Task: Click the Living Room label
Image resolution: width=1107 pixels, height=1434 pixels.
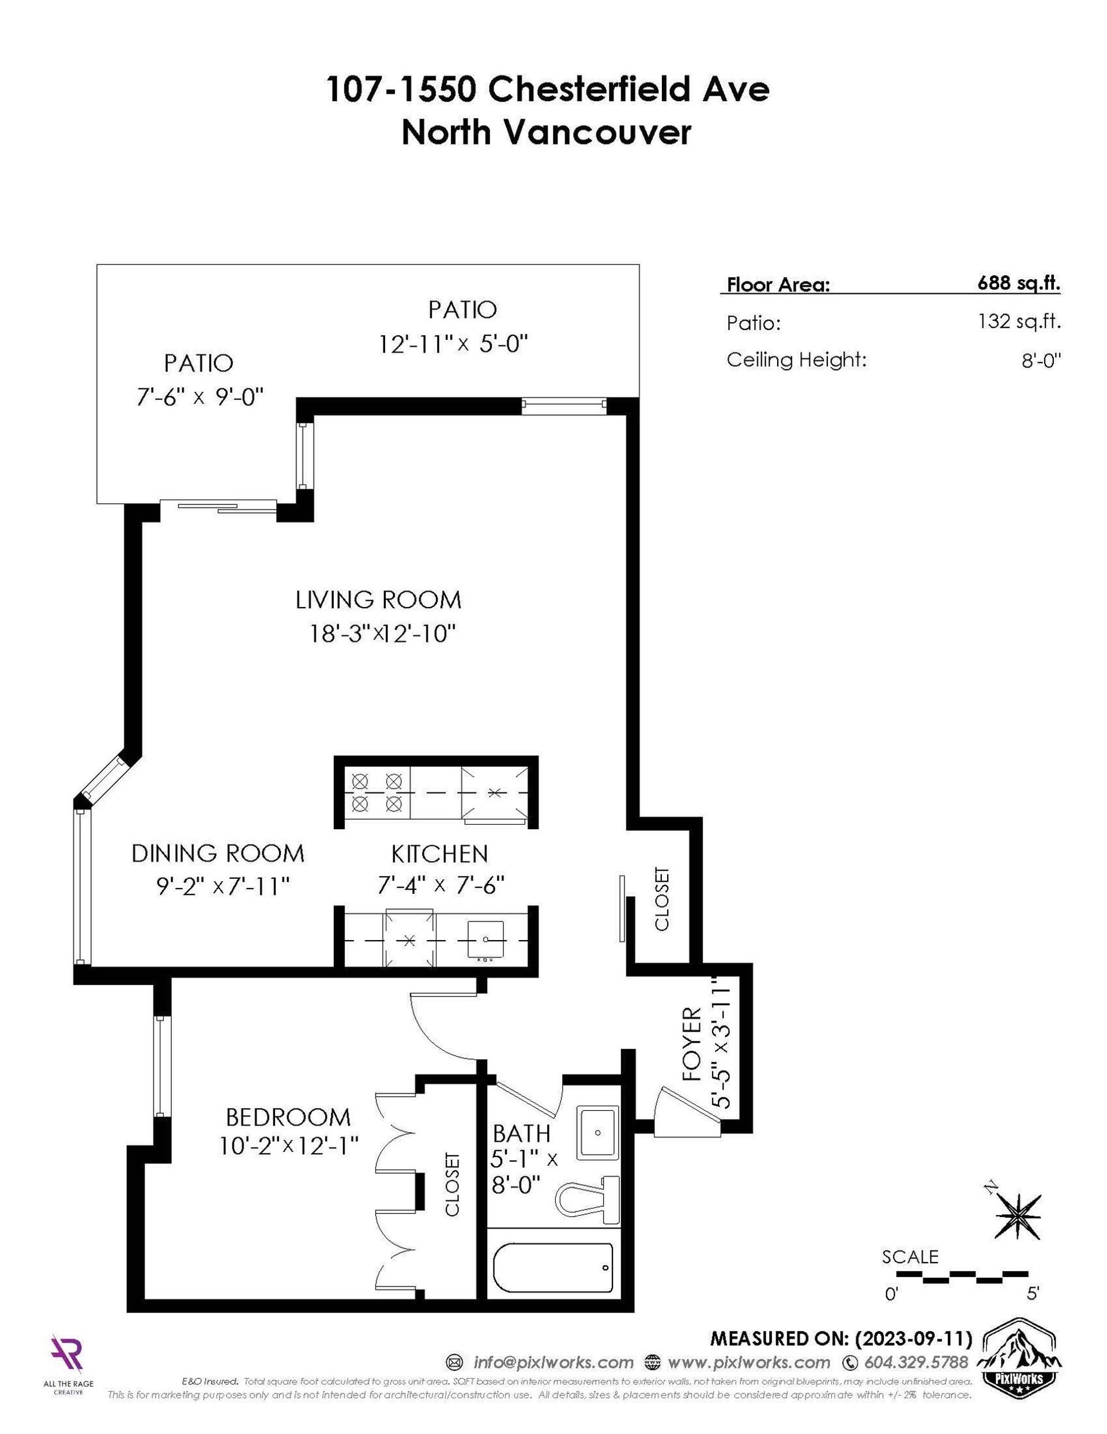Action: (378, 600)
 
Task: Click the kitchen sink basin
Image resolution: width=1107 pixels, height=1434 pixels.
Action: (485, 939)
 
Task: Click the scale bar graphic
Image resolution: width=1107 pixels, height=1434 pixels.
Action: (962, 1276)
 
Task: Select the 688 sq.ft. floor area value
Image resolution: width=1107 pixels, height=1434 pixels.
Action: (1018, 284)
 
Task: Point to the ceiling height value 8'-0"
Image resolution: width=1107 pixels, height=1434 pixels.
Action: (1041, 361)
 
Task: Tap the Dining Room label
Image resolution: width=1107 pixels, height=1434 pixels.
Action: (218, 853)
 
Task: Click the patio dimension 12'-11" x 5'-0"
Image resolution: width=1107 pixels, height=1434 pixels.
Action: (453, 343)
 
